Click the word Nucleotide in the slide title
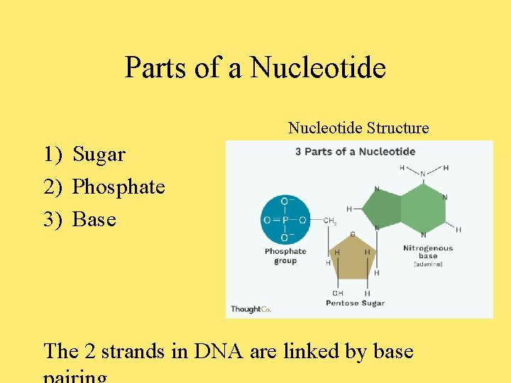click(318, 68)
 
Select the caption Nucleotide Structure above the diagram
click(358, 128)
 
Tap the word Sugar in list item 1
click(99, 154)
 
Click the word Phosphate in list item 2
click(119, 187)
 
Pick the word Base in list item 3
click(94, 219)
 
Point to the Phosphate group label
click(285, 256)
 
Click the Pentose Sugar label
click(355, 303)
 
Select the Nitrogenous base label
click(427, 252)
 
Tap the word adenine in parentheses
click(427, 264)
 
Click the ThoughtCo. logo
click(250, 309)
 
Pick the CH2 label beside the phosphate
click(330, 221)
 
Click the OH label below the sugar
click(338, 293)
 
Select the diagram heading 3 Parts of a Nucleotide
click(355, 151)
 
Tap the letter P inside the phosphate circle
click(285, 220)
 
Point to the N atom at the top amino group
click(423, 173)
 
